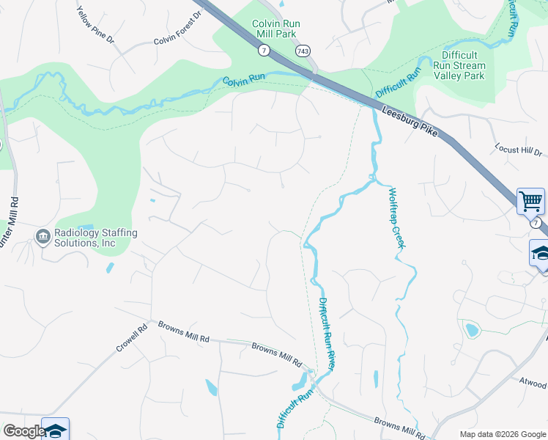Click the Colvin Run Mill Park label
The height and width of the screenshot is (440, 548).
click(275, 29)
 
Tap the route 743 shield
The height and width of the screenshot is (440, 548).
click(303, 51)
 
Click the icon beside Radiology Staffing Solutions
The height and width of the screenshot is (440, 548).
click(42, 237)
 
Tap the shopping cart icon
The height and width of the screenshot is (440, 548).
click(530, 200)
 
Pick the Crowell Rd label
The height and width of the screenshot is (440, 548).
click(131, 338)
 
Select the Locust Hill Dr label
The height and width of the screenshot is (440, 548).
click(518, 149)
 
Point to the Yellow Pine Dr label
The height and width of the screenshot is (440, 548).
click(96, 23)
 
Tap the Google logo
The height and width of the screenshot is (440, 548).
click(23, 431)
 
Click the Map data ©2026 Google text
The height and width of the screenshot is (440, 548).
click(502, 434)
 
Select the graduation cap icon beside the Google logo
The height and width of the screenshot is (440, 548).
click(56, 430)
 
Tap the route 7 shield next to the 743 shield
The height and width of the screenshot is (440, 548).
click(264, 50)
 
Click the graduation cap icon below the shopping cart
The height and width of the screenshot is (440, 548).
click(541, 254)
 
